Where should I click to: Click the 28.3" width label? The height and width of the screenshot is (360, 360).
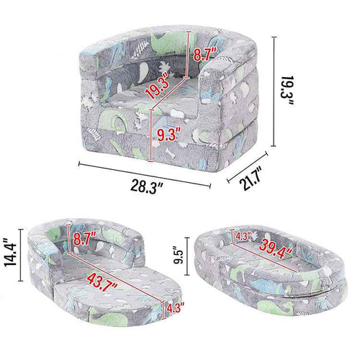pos(147,186)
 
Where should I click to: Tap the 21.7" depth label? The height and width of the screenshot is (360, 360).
pos(251,178)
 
